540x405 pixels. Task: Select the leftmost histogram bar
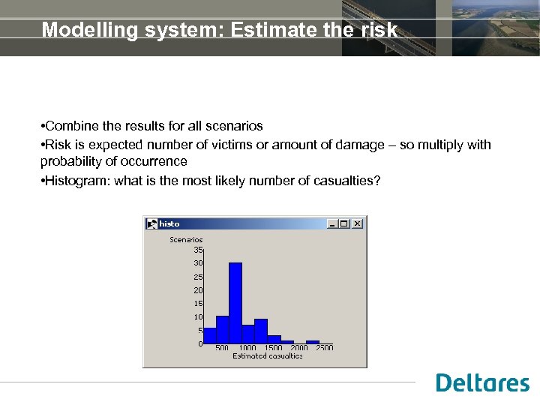click(x=209, y=335)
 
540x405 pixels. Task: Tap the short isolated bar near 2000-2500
click(x=313, y=342)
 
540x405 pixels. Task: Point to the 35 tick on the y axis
click(x=198, y=249)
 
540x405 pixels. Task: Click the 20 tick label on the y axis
click(x=198, y=289)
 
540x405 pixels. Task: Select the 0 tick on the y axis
click(x=200, y=343)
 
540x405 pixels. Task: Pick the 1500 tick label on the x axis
click(x=273, y=348)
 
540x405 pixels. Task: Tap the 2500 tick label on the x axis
click(x=324, y=348)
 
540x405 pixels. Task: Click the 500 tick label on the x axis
click(x=222, y=348)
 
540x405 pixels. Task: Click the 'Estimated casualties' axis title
click(x=268, y=356)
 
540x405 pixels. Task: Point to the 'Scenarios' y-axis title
click(x=186, y=240)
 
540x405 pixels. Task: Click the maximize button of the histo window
click(x=344, y=223)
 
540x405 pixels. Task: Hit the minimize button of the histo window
click(x=332, y=223)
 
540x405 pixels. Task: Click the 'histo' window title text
click(x=169, y=223)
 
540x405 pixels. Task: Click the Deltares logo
click(x=482, y=382)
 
